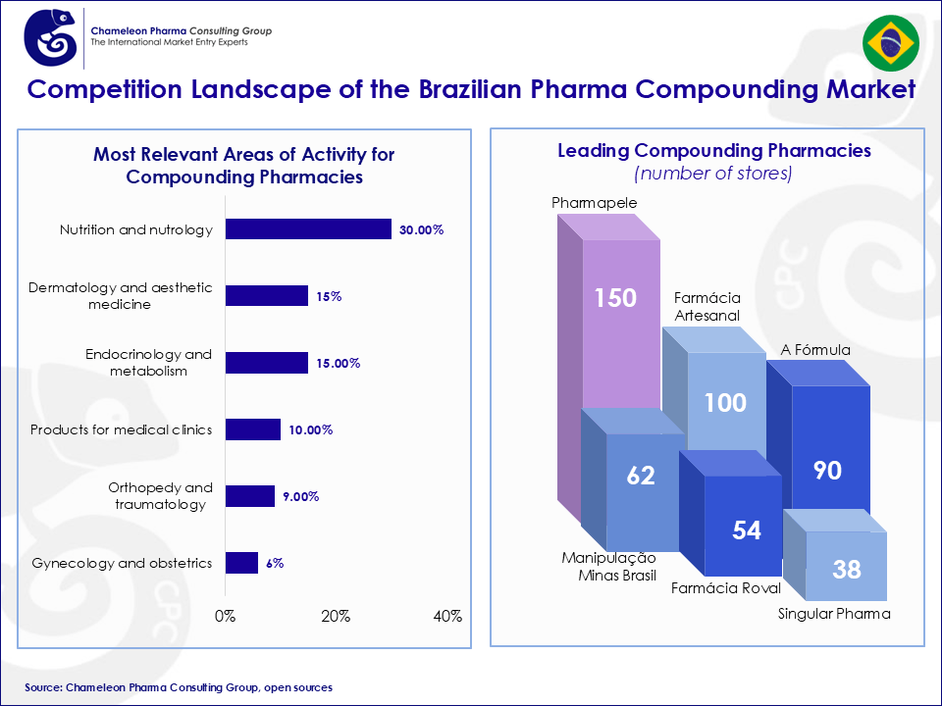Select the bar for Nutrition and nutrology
(x=308, y=229)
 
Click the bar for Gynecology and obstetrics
(x=241, y=563)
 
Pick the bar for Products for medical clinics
(x=253, y=429)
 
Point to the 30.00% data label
(x=422, y=229)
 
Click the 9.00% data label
(x=301, y=496)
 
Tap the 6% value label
(x=274, y=563)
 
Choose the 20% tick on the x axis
(x=337, y=616)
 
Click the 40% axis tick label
(x=447, y=616)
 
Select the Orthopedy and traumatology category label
(x=160, y=496)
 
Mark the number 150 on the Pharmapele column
(x=615, y=298)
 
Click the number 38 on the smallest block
(x=846, y=569)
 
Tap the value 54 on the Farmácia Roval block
(x=746, y=530)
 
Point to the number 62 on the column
(x=640, y=476)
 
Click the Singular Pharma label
(x=834, y=614)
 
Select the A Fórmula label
(x=815, y=349)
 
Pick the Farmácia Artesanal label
(x=706, y=306)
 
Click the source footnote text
(x=179, y=687)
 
